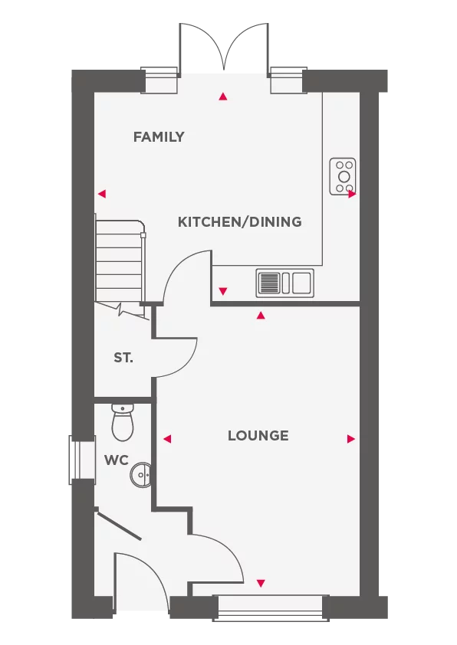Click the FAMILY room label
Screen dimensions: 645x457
tap(159, 137)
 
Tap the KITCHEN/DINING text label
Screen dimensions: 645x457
tap(239, 222)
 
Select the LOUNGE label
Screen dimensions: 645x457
tap(258, 436)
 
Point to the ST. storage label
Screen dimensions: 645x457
tap(123, 358)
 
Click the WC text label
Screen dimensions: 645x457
tap(116, 460)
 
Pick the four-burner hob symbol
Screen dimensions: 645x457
tap(343, 175)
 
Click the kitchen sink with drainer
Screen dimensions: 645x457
tap(284, 283)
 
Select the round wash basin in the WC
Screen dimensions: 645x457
tap(141, 475)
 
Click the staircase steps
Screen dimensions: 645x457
tap(120, 260)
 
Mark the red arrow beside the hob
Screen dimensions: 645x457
tap(352, 195)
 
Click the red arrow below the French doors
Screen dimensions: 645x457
tap(223, 97)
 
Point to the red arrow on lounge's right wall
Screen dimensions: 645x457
tap(351, 439)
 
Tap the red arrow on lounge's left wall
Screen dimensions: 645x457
tap(166, 439)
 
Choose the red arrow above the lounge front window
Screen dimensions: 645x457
tap(261, 584)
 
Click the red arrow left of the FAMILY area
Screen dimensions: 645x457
tap(101, 194)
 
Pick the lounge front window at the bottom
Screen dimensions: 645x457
tap(269, 604)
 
